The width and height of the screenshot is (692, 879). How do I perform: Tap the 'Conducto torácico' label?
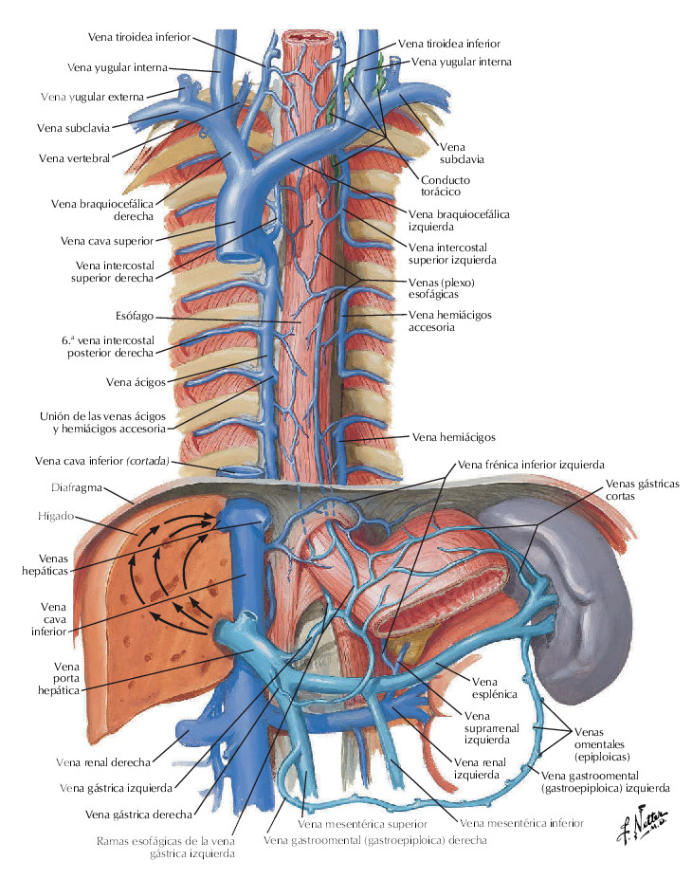[x=446, y=186]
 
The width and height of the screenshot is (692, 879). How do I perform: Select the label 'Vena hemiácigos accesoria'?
[x=450, y=320]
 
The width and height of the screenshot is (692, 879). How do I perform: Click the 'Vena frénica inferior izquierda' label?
[x=530, y=466]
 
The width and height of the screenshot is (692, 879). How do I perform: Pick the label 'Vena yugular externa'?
[x=100, y=97]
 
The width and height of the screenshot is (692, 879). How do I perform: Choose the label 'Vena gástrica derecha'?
[x=138, y=814]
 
